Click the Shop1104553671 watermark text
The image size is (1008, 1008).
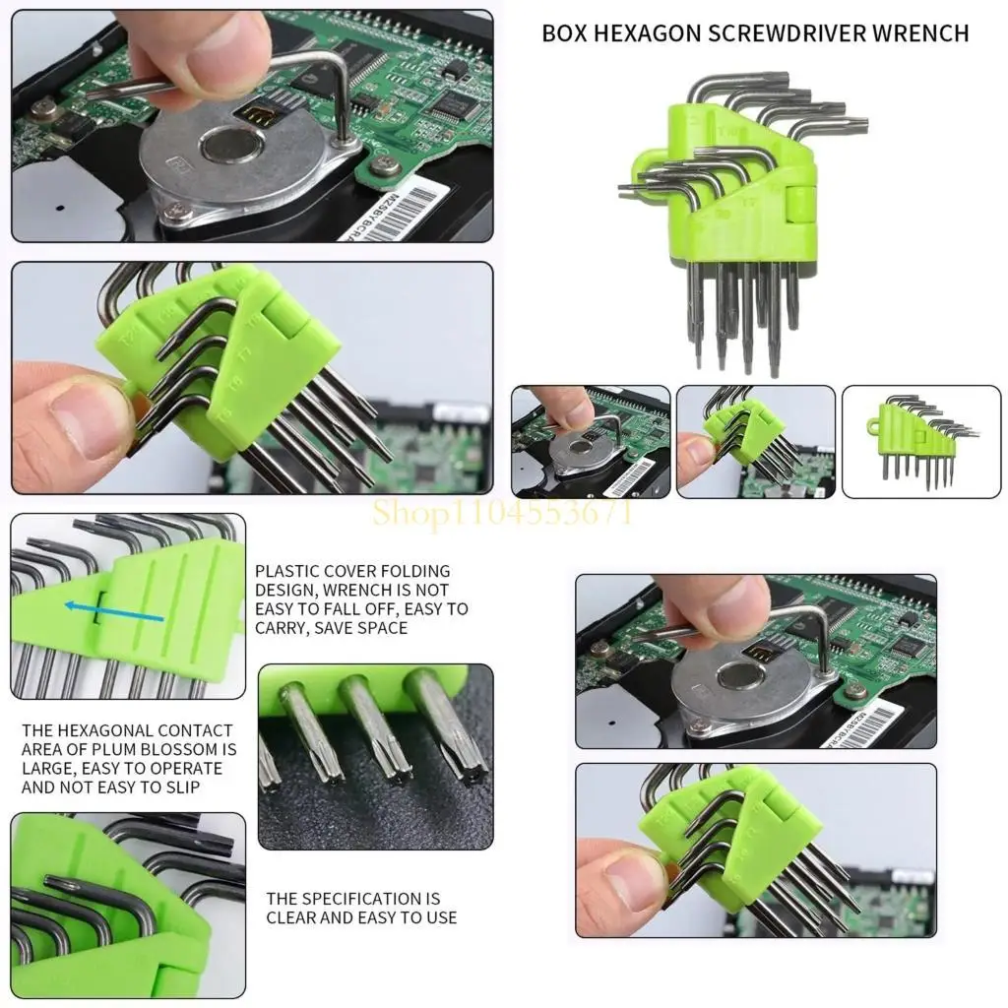click(x=502, y=512)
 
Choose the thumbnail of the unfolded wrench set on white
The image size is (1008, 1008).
click(x=920, y=441)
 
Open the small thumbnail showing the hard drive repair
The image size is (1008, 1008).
click(x=591, y=441)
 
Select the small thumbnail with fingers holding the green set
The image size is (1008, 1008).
click(x=755, y=441)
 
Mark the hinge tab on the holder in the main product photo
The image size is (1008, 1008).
click(x=796, y=203)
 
